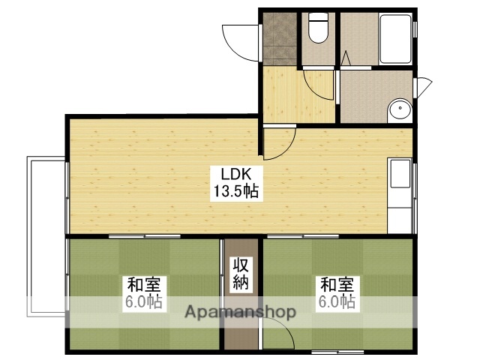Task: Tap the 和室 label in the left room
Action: tap(142, 286)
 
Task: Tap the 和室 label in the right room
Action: tap(337, 286)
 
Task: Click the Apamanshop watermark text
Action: tap(238, 311)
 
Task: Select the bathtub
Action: tap(394, 39)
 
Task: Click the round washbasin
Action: tap(400, 112)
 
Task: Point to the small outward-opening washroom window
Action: tap(424, 87)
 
